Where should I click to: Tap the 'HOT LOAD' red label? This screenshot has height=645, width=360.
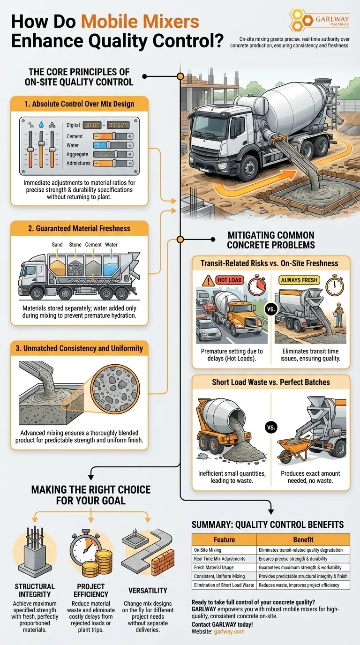click(x=229, y=280)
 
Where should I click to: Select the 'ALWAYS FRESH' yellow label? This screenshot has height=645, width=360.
click(x=299, y=280)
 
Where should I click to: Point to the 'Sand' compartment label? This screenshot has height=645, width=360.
click(x=57, y=245)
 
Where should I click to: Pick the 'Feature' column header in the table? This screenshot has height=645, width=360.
click(x=224, y=540)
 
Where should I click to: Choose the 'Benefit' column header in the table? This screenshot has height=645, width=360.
click(x=303, y=540)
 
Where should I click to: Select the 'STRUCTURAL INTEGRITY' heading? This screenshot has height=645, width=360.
click(x=34, y=590)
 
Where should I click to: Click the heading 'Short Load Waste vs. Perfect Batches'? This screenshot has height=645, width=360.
click(x=270, y=382)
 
